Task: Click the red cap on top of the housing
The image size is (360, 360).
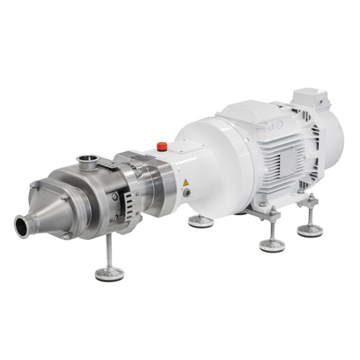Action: point(161,146)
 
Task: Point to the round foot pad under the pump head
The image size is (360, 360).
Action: point(109,274)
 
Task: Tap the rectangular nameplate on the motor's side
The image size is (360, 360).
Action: point(282,166)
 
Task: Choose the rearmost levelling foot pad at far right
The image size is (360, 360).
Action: point(310,230)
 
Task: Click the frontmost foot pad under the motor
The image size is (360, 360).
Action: point(272,245)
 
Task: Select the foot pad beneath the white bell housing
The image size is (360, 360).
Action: point(201,221)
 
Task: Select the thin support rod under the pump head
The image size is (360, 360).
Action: point(108,252)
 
